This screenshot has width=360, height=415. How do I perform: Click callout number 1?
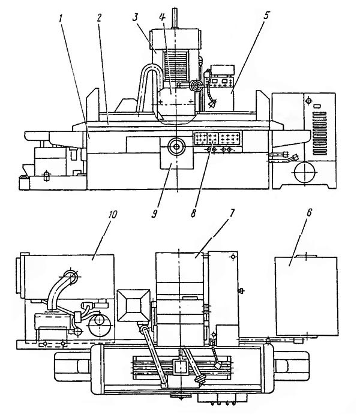pyautogui.click(x=61, y=19)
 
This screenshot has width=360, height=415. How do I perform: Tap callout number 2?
pyautogui.click(x=99, y=18)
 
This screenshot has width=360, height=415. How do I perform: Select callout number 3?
pyautogui.click(x=135, y=18)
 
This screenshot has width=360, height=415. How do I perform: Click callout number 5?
pyautogui.click(x=266, y=16)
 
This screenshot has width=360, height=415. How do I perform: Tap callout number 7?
pyautogui.click(x=231, y=213)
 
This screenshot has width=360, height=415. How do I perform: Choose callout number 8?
pyautogui.click(x=193, y=213)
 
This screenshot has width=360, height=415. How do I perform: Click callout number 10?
pyautogui.click(x=112, y=215)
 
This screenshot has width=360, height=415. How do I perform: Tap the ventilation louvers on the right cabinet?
pyautogui.click(x=319, y=134)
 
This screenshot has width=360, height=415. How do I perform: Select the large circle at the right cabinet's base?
pyautogui.click(x=305, y=172)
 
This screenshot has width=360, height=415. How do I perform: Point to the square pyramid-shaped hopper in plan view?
pyautogui.click(x=134, y=305)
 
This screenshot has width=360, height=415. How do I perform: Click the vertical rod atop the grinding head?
pyautogui.click(x=174, y=18)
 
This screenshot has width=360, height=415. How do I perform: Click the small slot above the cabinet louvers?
pyautogui.click(x=317, y=106)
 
